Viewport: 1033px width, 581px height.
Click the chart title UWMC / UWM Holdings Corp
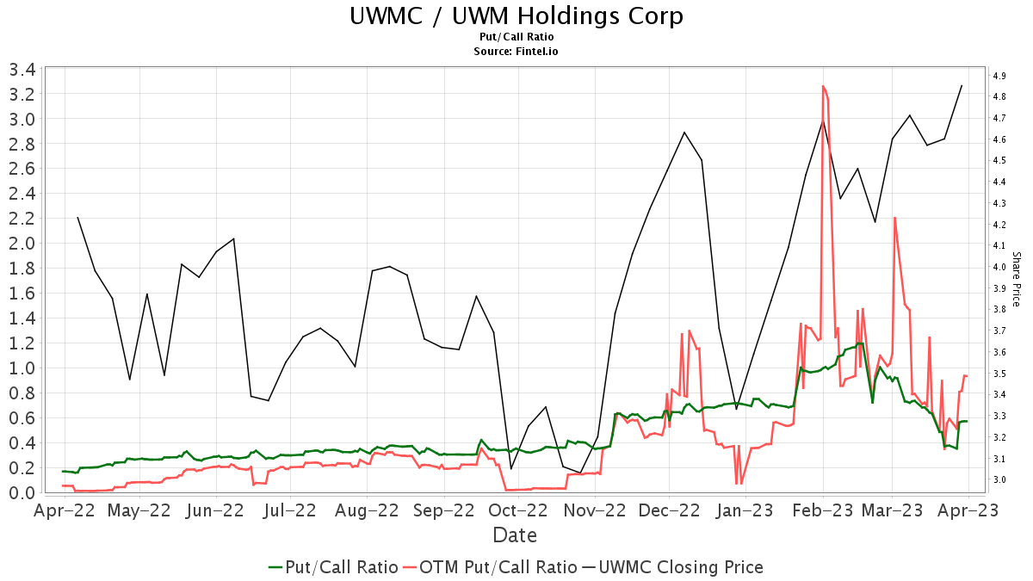516,16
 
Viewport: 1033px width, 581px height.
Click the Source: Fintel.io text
516,52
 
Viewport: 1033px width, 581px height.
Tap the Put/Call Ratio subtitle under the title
516,37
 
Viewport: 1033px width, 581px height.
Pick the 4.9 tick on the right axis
999,76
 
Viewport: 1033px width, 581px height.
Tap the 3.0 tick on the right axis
999,479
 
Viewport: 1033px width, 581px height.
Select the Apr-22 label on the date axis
65,510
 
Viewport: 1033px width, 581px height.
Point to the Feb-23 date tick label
823,510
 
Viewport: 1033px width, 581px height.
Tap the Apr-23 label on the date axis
968,510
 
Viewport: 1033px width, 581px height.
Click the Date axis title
515,535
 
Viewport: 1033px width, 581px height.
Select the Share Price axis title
1017,279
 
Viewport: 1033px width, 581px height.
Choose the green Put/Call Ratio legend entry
333,567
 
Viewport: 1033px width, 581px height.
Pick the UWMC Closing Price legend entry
672,567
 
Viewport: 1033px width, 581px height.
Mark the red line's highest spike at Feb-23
823,86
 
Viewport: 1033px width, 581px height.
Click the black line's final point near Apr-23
962,85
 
